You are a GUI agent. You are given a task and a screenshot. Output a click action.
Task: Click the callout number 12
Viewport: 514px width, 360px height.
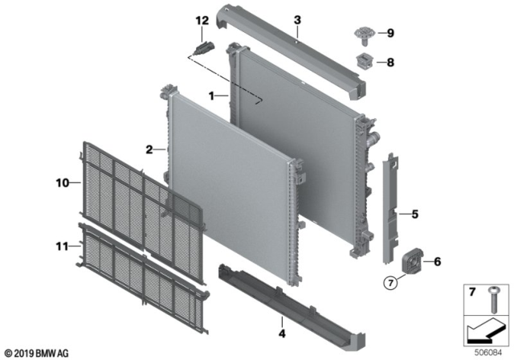[x=202, y=19]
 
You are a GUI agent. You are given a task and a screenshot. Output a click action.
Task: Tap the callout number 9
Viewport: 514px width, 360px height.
[x=390, y=34]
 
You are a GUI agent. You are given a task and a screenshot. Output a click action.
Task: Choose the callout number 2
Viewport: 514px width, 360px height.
[x=149, y=149]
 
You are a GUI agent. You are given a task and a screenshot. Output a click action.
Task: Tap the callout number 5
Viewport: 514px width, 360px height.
[x=415, y=215]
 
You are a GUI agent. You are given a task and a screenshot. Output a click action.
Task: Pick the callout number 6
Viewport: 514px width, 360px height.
[x=438, y=262]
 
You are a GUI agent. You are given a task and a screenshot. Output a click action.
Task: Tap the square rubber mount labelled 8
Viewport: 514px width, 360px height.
[x=363, y=60]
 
